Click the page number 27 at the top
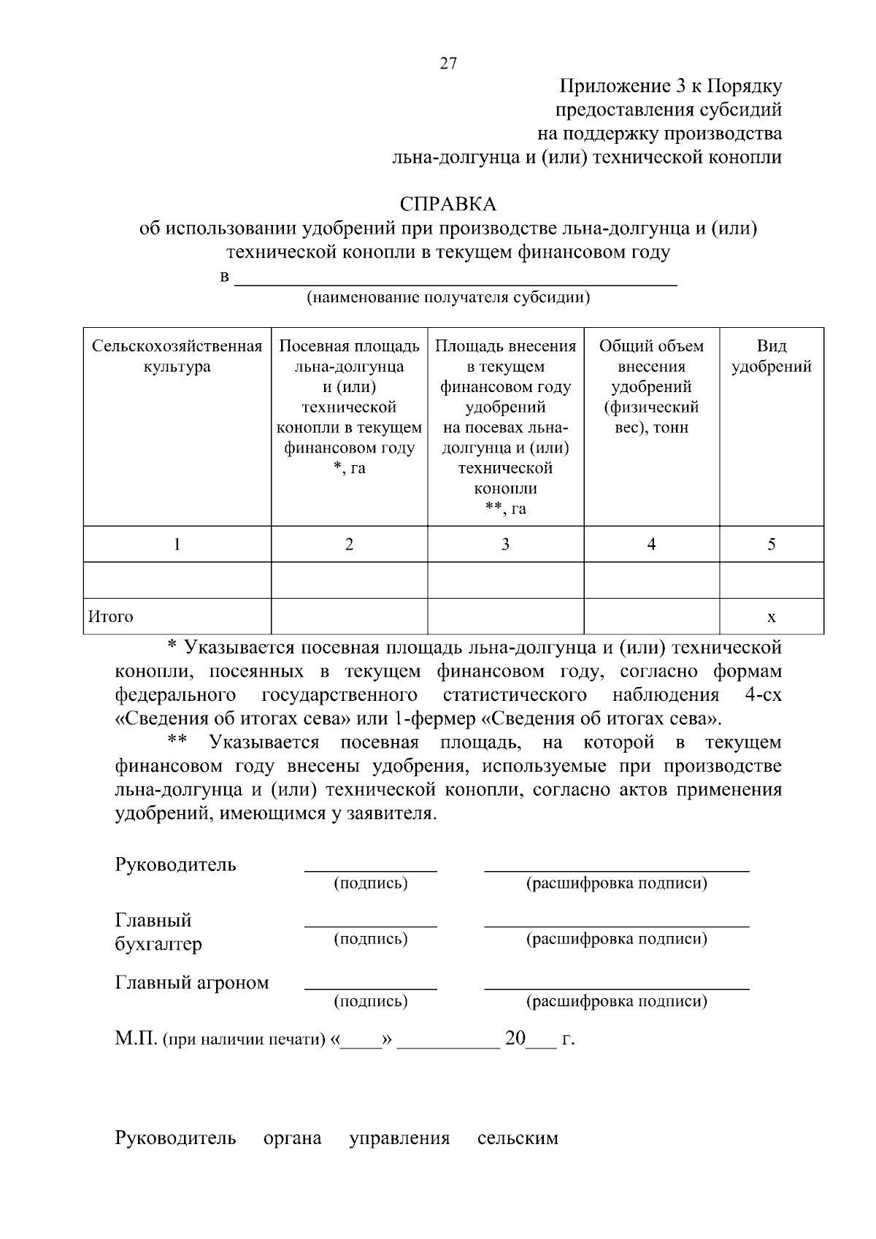448,64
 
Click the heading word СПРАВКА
447,204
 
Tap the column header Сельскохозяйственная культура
177,356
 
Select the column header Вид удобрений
771,356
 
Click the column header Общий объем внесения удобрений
651,386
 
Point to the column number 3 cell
505,544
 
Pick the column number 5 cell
771,544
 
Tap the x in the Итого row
771,618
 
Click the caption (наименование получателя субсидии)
447,297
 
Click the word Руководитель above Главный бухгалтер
176,865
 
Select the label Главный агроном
192,983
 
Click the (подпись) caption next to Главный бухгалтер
371,939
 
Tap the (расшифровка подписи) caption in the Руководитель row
617,883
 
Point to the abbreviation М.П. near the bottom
136,1038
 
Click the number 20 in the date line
515,1038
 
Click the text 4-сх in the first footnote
763,694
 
